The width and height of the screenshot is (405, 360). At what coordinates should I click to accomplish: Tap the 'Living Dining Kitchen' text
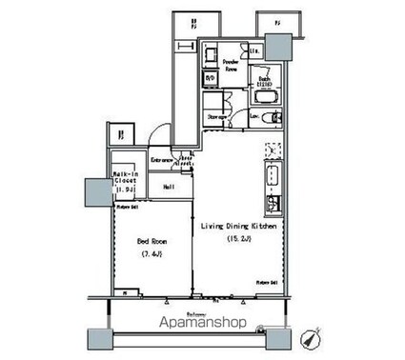(x=238, y=226)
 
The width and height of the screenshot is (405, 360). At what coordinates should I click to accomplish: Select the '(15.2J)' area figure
(x=238, y=240)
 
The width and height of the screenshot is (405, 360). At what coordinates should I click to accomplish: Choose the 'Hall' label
(x=166, y=187)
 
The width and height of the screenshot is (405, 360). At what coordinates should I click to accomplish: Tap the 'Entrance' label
(x=160, y=161)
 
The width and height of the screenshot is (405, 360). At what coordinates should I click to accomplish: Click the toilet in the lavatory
(x=274, y=117)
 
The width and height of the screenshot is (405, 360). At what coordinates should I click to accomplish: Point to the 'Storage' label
(x=216, y=116)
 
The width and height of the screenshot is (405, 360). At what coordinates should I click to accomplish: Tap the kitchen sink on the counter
(x=270, y=176)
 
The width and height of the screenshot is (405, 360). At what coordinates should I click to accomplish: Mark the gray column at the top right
(x=278, y=45)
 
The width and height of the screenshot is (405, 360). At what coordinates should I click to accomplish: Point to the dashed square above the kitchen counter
(x=271, y=150)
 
